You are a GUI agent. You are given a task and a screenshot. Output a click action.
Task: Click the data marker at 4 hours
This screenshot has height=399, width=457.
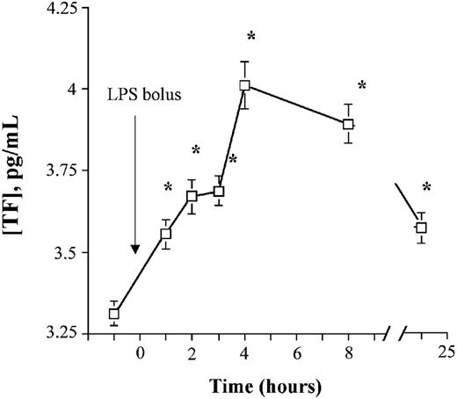coord(244,85)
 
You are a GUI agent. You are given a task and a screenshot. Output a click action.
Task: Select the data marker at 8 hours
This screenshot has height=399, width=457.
coord(348,124)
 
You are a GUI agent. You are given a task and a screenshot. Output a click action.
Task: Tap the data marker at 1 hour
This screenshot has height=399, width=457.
coord(166,234)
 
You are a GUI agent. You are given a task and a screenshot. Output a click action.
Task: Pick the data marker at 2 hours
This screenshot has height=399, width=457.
coord(192,196)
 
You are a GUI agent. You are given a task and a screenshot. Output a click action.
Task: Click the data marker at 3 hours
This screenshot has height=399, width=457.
coord(219,192)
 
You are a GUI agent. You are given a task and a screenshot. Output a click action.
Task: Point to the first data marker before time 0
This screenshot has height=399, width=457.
coord(114,314)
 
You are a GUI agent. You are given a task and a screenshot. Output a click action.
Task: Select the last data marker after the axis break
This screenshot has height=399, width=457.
coord(421,228)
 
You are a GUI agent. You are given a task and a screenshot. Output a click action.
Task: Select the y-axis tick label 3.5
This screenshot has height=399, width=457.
coord(73,252)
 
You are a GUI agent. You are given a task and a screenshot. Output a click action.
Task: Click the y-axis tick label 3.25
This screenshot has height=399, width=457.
coord(69,333)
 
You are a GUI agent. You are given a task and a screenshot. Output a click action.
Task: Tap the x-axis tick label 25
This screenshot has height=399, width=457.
coord(446,353)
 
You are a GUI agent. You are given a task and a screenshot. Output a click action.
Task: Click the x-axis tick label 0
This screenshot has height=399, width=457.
coord(141,353)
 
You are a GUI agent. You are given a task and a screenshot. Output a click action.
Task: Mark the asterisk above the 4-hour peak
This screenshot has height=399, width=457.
coord(250,36)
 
